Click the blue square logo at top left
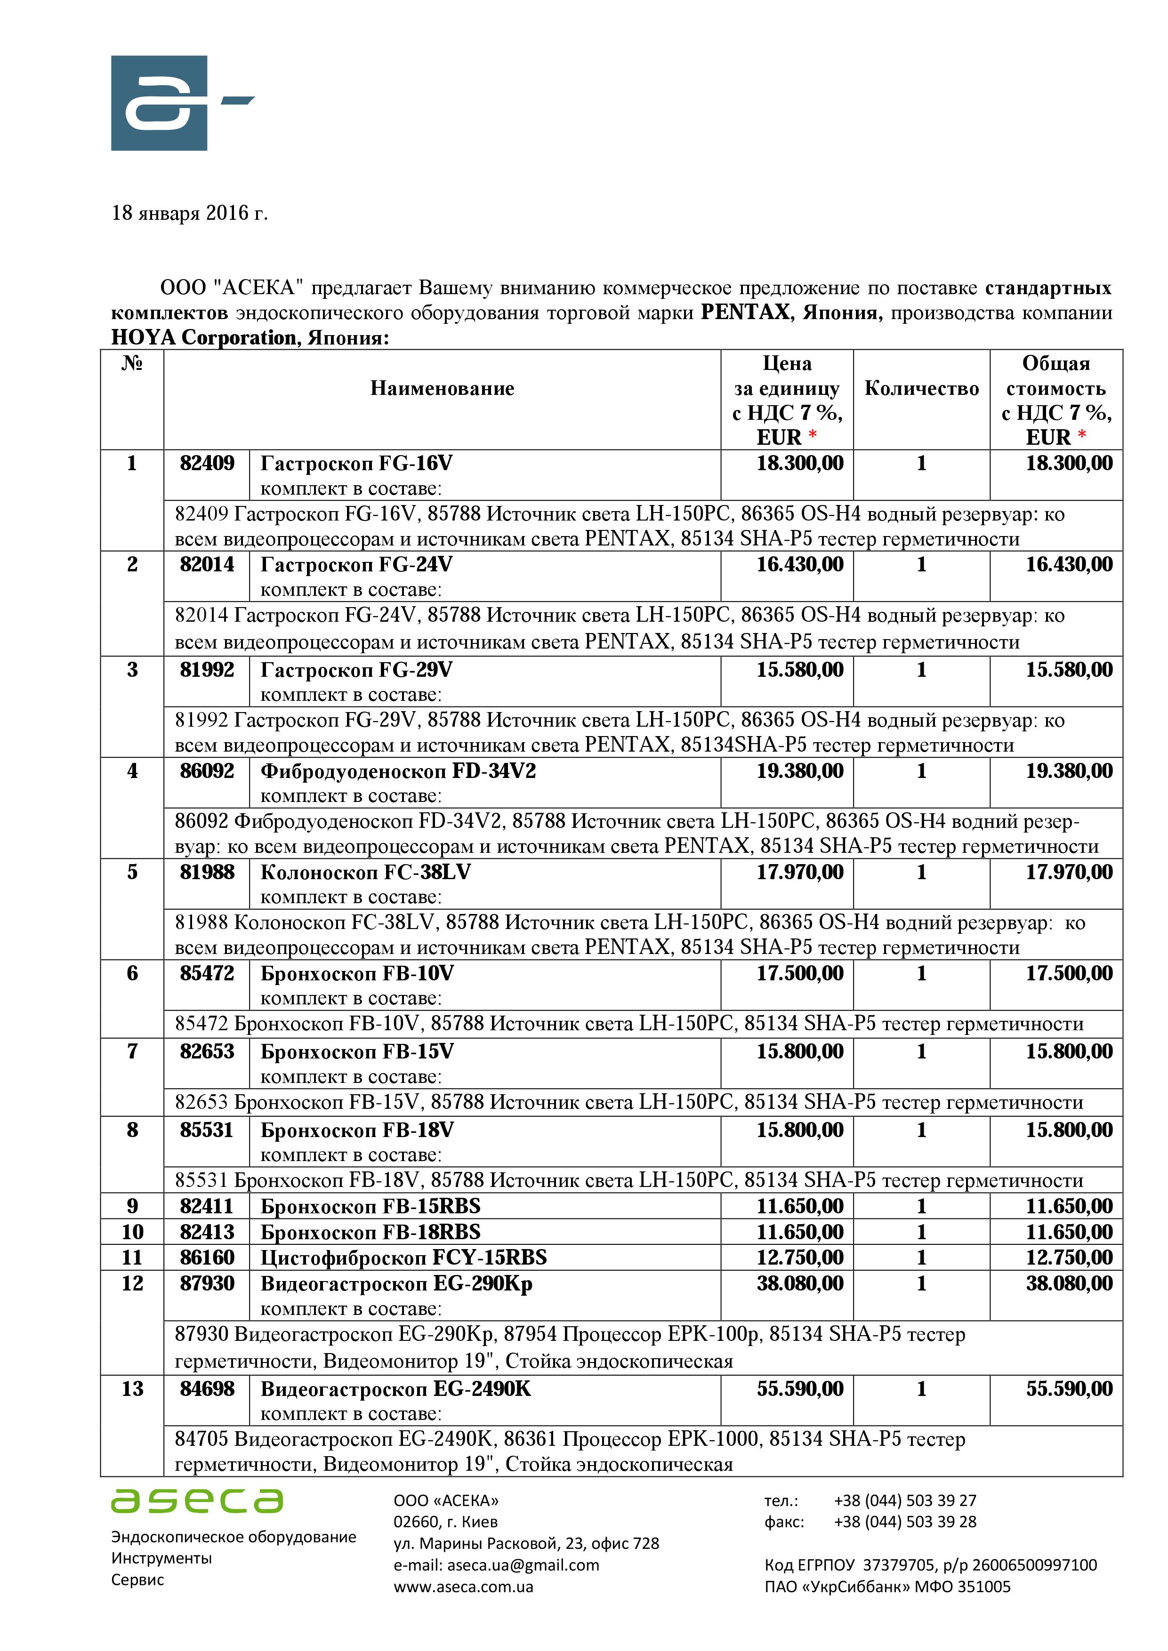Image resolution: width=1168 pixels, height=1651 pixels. coord(159,103)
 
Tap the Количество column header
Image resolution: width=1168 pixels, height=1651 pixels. coord(921,388)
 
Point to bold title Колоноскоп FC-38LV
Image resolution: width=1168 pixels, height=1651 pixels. coord(365,872)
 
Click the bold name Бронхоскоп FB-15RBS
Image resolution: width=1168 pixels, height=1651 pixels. coord(371,1206)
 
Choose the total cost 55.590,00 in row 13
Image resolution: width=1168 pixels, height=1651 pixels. coord(1069,1388)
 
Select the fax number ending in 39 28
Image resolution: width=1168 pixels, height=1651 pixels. coord(905,1523)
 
